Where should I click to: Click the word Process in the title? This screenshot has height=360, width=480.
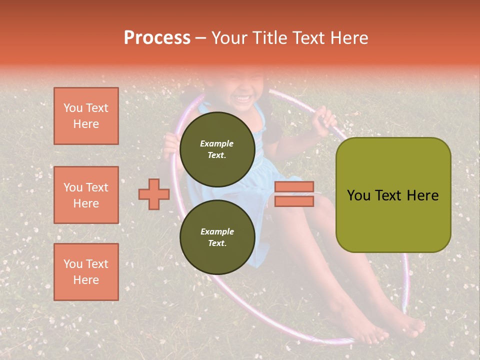[157, 38]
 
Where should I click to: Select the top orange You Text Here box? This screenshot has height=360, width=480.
[86, 116]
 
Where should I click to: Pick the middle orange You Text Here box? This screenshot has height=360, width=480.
[86, 195]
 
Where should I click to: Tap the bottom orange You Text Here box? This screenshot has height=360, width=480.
[86, 271]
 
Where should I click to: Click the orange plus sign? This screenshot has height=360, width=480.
[154, 194]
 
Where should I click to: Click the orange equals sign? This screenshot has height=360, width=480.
[294, 194]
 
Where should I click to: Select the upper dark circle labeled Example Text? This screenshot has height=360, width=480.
[217, 149]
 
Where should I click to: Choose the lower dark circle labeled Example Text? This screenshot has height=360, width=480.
[217, 237]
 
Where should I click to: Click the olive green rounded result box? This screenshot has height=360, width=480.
[393, 195]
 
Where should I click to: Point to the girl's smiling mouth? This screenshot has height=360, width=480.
[244, 98]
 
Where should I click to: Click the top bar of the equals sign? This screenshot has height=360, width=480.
[294, 187]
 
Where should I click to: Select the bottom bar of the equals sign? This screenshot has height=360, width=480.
[294, 201]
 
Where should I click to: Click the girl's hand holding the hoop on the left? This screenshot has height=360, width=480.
[171, 145]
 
